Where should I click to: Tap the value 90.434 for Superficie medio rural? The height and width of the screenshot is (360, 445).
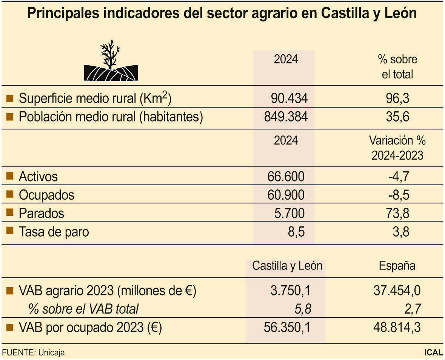pyautogui.click(x=289, y=98)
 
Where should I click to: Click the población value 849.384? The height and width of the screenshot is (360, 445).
pyautogui.click(x=286, y=117)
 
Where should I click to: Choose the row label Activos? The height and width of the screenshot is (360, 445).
pyautogui.click(x=38, y=176)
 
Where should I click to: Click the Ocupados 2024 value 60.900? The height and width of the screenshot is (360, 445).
pyautogui.click(x=286, y=195)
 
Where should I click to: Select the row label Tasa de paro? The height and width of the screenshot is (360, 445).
pyautogui.click(x=54, y=231)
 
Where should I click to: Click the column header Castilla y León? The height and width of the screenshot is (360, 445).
pyautogui.click(x=287, y=266)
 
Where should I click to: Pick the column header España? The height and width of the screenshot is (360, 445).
pyautogui.click(x=397, y=266)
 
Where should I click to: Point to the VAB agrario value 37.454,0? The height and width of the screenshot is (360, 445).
pyautogui.click(x=397, y=291)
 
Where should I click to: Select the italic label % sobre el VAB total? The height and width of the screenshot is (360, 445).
pyautogui.click(x=83, y=309)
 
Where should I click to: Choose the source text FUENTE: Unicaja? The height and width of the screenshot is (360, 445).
pyautogui.click(x=33, y=353)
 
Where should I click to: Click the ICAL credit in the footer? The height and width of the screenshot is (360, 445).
pyautogui.click(x=433, y=353)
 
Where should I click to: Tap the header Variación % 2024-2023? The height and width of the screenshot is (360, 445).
pyautogui.click(x=397, y=148)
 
